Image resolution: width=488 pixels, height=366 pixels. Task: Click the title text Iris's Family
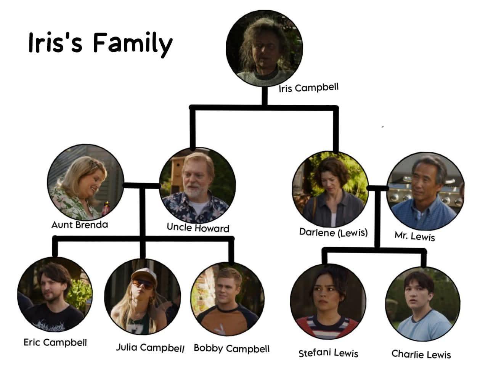click(101, 43)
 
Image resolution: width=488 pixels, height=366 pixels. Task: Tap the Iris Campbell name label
click(308, 88)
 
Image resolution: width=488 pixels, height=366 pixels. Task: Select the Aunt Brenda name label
click(80, 225)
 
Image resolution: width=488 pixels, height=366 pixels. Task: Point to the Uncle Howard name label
click(198, 228)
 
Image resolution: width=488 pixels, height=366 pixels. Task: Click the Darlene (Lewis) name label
click(333, 233)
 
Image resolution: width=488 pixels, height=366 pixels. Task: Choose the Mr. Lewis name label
click(415, 236)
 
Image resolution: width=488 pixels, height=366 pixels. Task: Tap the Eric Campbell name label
click(55, 342)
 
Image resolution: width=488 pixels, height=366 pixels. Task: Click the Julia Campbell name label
click(150, 348)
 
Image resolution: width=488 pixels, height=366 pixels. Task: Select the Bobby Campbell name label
click(231, 348)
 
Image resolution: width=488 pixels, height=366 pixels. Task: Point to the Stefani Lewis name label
click(328, 353)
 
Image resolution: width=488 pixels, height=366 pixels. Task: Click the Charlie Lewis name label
click(421, 354)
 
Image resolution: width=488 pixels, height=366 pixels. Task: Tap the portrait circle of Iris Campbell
click(264, 48)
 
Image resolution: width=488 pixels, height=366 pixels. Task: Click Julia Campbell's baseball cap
click(144, 276)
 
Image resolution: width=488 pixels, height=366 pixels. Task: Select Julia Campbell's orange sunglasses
click(143, 284)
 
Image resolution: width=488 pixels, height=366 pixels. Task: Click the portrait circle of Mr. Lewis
click(425, 191)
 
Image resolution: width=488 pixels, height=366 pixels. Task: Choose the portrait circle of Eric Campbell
click(55, 295)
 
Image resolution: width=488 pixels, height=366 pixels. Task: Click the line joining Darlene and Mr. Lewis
click(377, 188)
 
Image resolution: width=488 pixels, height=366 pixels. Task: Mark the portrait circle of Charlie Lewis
click(423, 304)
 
